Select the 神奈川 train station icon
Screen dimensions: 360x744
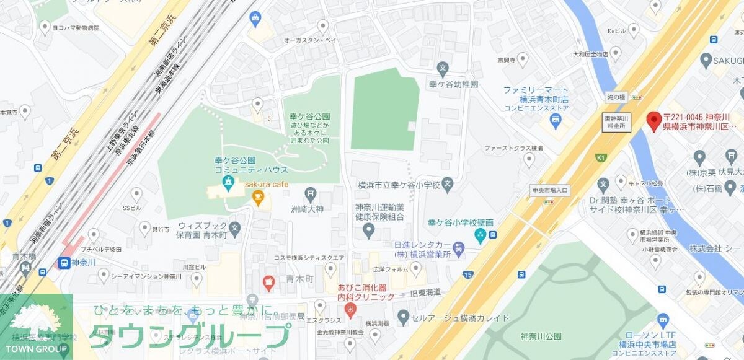point(64,263)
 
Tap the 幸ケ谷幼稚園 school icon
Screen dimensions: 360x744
point(443,68)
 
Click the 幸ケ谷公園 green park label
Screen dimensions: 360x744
point(309,116)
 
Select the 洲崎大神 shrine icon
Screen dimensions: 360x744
point(310,194)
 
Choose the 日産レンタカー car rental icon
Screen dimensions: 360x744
point(458,250)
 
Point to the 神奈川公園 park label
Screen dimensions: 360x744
point(542,336)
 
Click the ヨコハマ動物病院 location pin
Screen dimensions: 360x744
point(45,27)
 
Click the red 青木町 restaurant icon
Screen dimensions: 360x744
point(268,284)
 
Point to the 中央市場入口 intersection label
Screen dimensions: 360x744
point(550,190)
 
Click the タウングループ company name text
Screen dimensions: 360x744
point(188,336)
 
